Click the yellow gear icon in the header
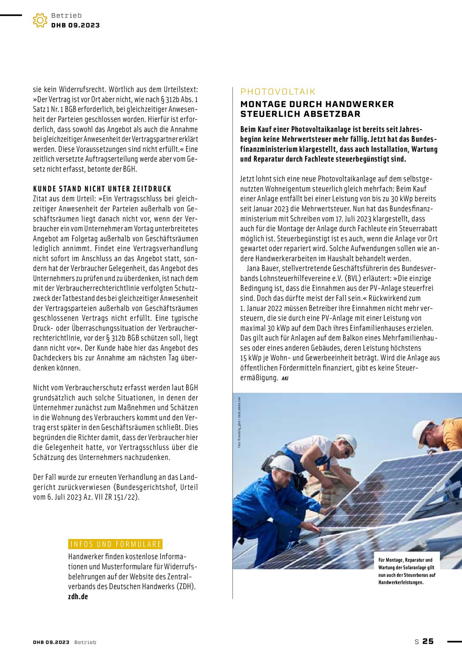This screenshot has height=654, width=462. coord(40,20)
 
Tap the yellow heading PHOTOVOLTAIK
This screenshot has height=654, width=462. coord(278,92)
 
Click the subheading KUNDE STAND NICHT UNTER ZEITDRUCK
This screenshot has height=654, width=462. coord(102,189)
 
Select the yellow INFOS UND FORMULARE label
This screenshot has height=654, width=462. coord(115,544)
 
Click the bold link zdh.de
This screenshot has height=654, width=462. coord(78,597)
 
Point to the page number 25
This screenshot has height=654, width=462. coord(428,641)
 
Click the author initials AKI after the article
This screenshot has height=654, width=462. coord(285,378)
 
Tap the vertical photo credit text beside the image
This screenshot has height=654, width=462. coord(239,422)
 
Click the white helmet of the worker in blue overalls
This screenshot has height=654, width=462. coord(283,464)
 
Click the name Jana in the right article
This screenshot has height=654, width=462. coord(254,269)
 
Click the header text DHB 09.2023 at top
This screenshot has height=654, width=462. coord(75,25)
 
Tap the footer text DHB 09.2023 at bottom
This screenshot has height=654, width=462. coord(51,642)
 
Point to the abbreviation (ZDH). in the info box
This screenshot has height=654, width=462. coord(183,587)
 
